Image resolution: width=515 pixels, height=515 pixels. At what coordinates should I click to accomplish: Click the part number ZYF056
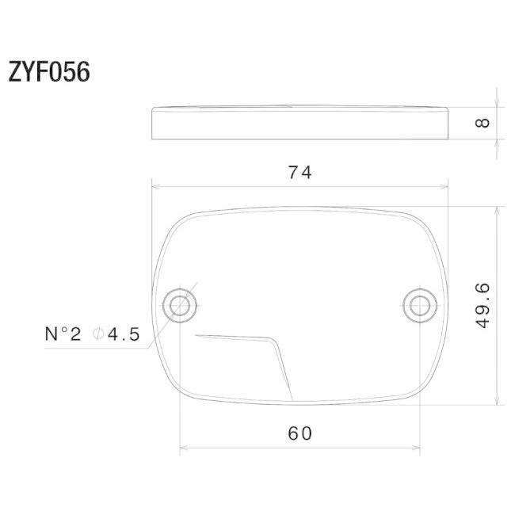(49, 71)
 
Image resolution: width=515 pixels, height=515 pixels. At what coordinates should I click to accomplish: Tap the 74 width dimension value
(299, 173)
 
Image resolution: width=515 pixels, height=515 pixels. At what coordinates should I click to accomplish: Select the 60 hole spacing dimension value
(299, 433)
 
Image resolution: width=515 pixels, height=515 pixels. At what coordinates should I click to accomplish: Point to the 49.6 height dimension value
(483, 306)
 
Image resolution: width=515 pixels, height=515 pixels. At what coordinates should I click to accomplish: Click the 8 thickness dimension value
(483, 123)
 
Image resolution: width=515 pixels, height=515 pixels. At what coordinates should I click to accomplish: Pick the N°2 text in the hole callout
(63, 334)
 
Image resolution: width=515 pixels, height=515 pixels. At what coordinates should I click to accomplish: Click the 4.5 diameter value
(124, 334)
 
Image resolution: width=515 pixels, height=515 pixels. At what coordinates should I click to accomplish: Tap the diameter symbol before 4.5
(98, 334)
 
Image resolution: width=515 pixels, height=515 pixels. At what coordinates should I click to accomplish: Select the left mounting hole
(180, 306)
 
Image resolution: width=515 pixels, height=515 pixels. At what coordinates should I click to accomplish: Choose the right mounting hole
(420, 306)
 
